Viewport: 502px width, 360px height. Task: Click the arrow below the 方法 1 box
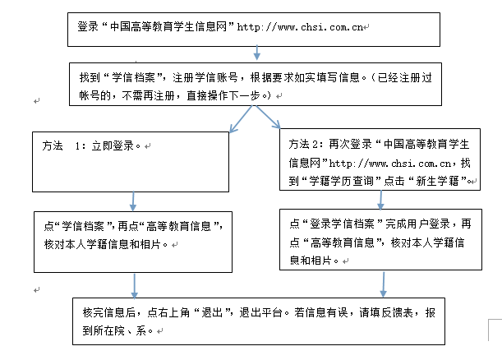coord(133,201)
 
